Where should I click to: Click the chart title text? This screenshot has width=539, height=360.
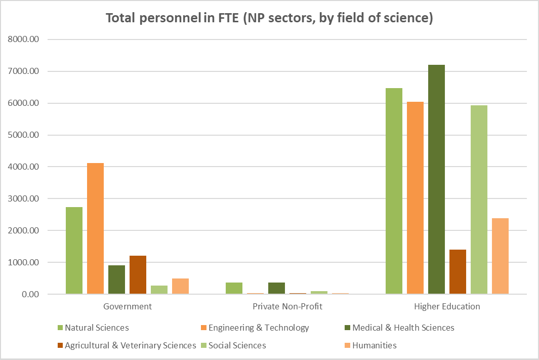click(269, 18)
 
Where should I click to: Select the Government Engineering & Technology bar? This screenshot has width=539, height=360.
click(95, 228)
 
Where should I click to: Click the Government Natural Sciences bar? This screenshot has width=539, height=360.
click(74, 251)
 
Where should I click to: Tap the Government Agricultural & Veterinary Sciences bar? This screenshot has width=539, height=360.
click(138, 275)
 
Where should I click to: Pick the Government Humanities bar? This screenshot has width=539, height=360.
click(180, 286)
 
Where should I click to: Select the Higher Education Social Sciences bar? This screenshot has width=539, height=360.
click(479, 199)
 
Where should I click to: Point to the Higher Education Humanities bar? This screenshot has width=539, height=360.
click(500, 256)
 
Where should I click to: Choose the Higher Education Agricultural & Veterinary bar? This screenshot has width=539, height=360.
click(458, 272)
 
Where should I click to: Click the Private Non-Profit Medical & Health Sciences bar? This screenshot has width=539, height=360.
click(276, 288)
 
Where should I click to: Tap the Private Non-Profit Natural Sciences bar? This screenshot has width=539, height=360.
click(234, 288)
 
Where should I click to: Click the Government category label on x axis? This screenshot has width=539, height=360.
click(127, 306)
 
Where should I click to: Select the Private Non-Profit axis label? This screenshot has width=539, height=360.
click(287, 306)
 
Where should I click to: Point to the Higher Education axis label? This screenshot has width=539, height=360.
click(447, 306)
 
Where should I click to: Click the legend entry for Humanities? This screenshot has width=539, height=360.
click(375, 345)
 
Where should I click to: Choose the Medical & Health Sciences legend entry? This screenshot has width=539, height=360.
click(403, 328)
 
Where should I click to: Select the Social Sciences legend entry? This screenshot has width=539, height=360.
click(237, 345)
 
